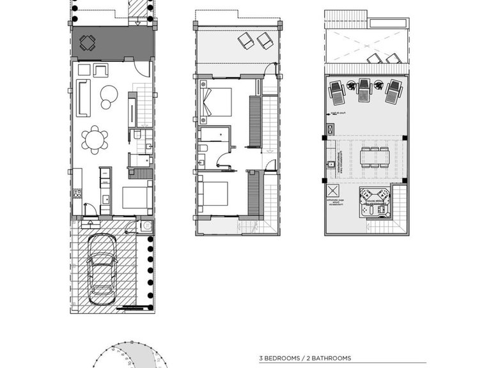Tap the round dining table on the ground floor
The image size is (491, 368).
pyautogui.click(x=95, y=139)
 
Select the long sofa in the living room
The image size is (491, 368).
pyautogui.click(x=83, y=98)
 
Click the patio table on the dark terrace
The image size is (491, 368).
pyautogui.click(x=88, y=43)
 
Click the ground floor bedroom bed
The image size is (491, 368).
pyautogui.click(x=136, y=197)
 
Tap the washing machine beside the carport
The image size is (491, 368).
pyautogui.click(x=145, y=226)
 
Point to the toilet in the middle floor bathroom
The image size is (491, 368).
pyautogui.click(x=202, y=149)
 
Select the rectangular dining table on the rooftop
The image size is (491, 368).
pyautogui.click(x=374, y=157)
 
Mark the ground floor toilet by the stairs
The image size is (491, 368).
pyautogui.click(x=136, y=135)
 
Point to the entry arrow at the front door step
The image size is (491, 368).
pyautogui.click(x=90, y=222)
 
